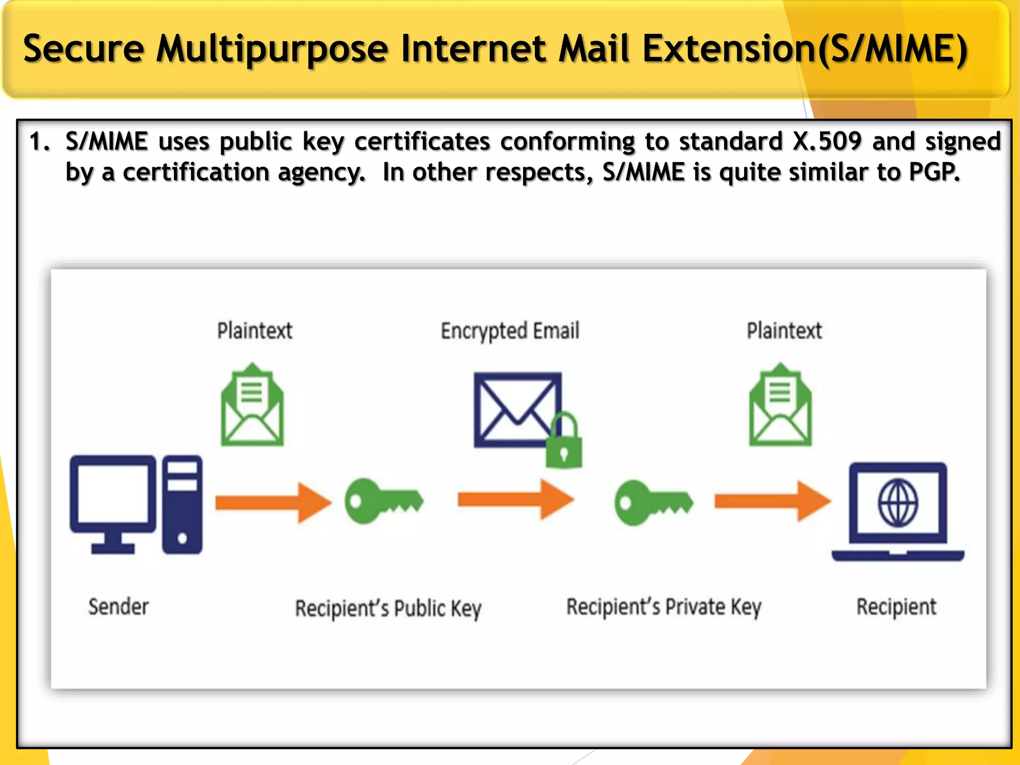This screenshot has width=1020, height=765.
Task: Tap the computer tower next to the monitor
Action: pyautogui.click(x=182, y=504)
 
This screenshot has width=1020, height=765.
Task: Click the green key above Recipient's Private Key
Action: pyautogui.click(x=653, y=502)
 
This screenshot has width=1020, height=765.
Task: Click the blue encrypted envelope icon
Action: pyautogui.click(x=517, y=409)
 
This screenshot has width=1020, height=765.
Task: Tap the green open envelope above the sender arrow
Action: pyautogui.click(x=253, y=405)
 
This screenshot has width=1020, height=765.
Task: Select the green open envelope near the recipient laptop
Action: pyautogui.click(x=780, y=405)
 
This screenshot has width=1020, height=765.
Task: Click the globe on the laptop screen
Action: pyautogui.click(x=897, y=503)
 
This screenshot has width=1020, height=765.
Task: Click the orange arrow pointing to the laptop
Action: pyautogui.click(x=772, y=501)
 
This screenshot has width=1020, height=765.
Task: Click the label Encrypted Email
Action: pyautogui.click(x=510, y=331)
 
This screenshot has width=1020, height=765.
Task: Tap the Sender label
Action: pyautogui.click(x=119, y=607)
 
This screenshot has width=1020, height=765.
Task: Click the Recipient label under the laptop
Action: pyautogui.click(x=896, y=607)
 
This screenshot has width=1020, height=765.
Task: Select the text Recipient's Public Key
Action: pyautogui.click(x=388, y=609)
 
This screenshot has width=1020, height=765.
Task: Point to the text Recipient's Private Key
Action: pyautogui.click(x=664, y=607)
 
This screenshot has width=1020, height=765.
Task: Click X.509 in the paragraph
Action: pyautogui.click(x=827, y=141)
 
